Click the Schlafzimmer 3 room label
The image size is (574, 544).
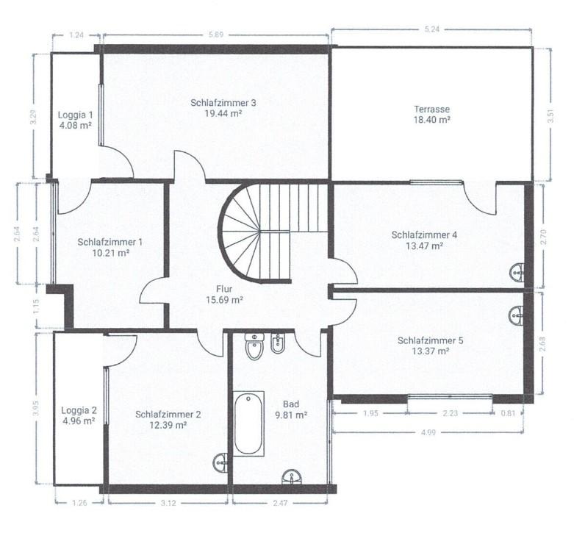click(x=223, y=103)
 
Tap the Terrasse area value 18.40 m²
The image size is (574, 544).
click(x=431, y=120)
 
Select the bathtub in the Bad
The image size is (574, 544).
click(x=248, y=423)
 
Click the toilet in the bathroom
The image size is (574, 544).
click(x=255, y=346)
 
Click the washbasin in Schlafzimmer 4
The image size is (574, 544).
click(x=517, y=272)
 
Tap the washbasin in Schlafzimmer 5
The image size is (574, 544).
click(x=517, y=315)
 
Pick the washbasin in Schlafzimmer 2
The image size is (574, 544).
click(x=220, y=462)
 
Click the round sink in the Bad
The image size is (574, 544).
click(x=292, y=477)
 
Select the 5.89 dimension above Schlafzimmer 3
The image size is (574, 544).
click(x=215, y=35)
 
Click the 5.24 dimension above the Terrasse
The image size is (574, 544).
click(x=432, y=29)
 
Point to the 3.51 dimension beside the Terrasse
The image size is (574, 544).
click(x=551, y=115)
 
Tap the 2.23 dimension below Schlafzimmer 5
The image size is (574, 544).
click(x=451, y=413)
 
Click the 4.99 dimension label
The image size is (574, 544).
click(x=428, y=432)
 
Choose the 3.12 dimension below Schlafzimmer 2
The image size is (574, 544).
click(x=168, y=503)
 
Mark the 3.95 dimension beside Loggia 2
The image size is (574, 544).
click(x=35, y=408)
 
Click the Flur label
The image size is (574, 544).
click(x=224, y=289)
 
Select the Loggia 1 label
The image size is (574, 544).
click(x=76, y=115)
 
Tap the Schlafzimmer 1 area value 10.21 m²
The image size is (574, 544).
click(x=110, y=253)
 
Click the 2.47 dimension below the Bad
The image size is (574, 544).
click(x=280, y=503)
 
